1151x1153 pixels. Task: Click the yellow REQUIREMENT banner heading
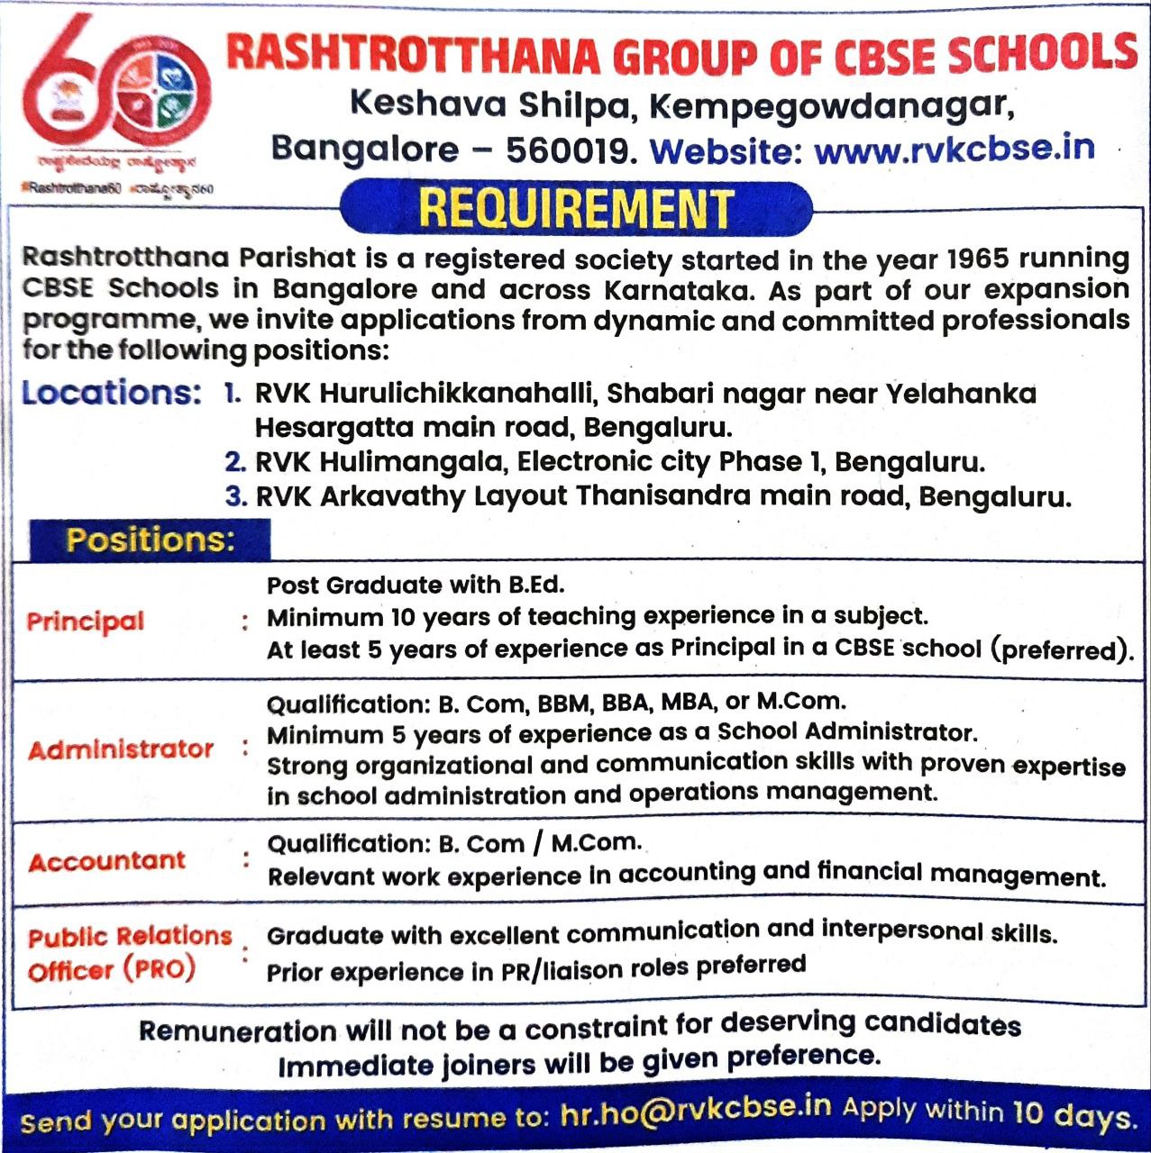(x=576, y=208)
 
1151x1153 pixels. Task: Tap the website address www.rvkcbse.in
(x=955, y=148)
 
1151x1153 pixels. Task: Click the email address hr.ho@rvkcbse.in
(x=694, y=1110)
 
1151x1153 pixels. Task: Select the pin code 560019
(x=565, y=150)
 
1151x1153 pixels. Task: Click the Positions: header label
(x=150, y=540)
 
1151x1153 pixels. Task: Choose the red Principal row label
(x=86, y=621)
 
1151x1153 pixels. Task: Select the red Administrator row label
(x=121, y=749)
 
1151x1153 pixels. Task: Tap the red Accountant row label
(x=106, y=861)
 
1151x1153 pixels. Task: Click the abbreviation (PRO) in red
(x=160, y=969)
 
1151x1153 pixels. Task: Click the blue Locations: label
(x=111, y=394)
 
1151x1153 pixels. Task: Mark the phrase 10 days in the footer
(x=1072, y=1114)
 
